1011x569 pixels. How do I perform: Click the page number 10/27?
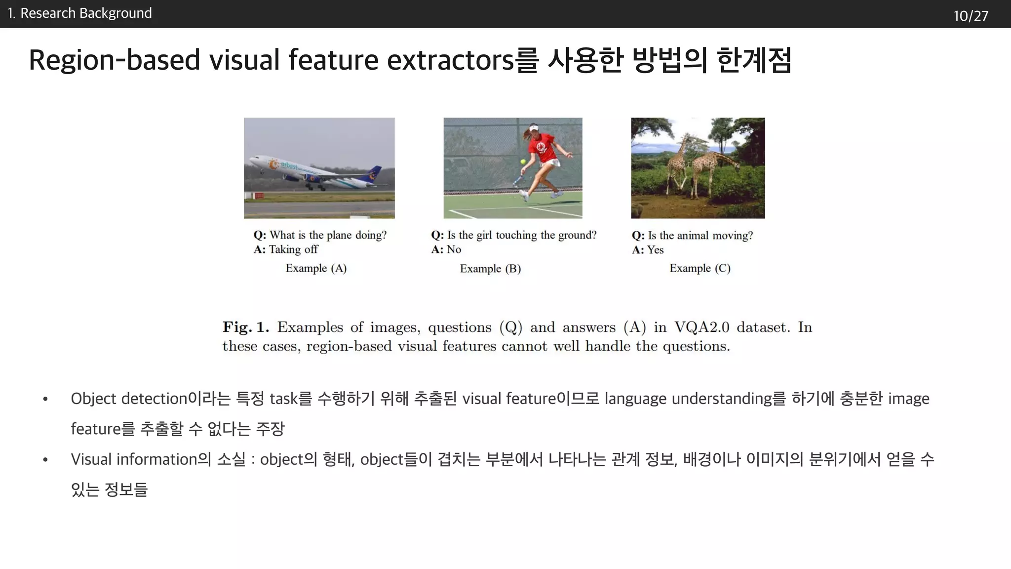[x=971, y=16]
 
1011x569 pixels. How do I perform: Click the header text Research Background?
[x=86, y=13]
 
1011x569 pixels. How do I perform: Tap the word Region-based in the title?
[x=114, y=60]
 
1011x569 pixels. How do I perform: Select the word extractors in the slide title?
[x=451, y=60]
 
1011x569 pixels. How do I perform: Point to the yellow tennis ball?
[x=523, y=162]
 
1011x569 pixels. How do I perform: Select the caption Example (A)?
[x=316, y=268]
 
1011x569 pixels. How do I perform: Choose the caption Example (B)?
[x=490, y=269]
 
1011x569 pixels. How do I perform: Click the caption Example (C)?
[x=700, y=268]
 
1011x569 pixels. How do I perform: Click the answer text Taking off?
[x=293, y=249]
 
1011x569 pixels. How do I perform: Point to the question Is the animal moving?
[x=700, y=236]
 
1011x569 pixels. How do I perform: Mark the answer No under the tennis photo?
[x=454, y=249]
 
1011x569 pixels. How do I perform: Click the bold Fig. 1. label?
[x=245, y=327]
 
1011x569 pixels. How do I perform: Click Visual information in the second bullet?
[x=134, y=459]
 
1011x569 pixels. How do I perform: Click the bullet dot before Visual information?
[x=45, y=460]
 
